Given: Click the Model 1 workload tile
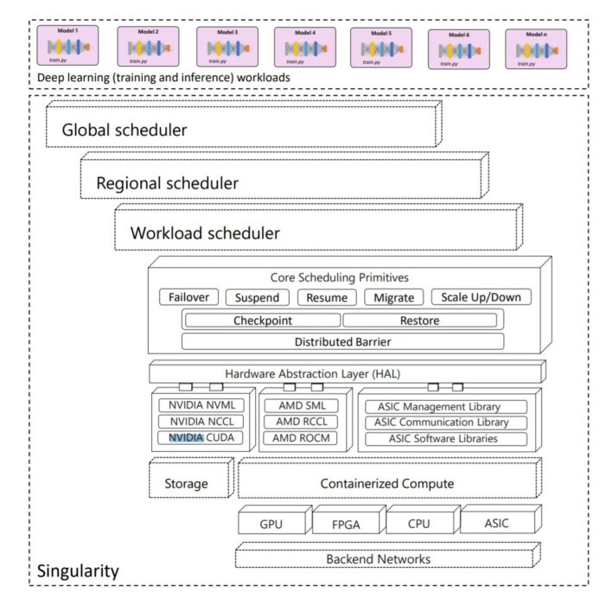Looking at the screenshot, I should coord(67,45).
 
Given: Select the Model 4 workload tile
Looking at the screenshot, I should coord(305,47).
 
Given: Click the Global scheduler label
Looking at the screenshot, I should coord(124,131).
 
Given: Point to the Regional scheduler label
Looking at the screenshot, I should coord(167,183).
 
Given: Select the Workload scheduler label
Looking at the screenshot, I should coord(205,233).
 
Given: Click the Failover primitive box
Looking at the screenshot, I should coord(188,297).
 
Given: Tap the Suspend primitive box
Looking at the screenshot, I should coord(258,297).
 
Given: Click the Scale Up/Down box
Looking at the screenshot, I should coord(481,297).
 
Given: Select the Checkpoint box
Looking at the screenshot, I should coord(261,321).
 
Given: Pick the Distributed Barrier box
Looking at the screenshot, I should coord(341,341).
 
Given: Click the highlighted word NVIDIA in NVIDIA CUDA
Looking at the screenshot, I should coord(185,438).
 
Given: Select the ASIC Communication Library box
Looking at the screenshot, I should coord(443,423).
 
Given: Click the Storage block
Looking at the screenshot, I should coord(186,483).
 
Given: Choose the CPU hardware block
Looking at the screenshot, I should coord(418,523).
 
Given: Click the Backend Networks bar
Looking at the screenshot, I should coord(378,558).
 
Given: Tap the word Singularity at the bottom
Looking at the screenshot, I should coord(77,571).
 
